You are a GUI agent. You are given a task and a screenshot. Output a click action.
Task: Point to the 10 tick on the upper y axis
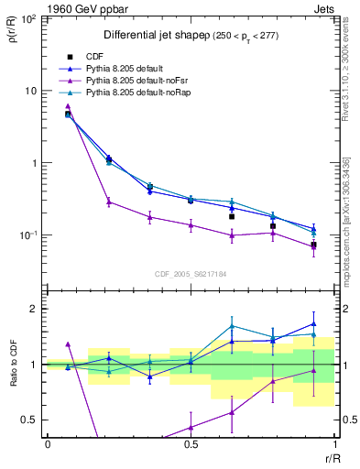30,91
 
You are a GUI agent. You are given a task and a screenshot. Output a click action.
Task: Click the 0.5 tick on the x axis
191,443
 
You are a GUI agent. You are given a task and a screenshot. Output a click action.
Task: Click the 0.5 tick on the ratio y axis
30,420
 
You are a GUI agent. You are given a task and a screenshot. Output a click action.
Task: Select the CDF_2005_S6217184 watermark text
191,274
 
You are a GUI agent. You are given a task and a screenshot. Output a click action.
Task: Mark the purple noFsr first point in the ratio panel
68,344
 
